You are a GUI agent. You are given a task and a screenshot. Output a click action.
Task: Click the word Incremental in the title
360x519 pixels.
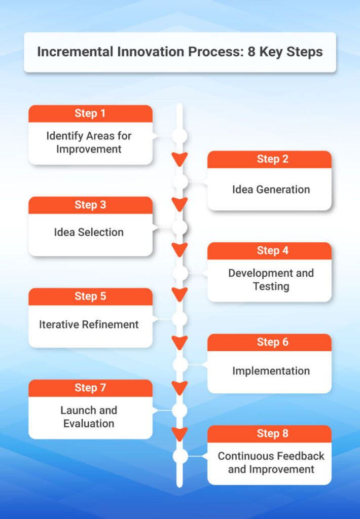click(x=75, y=52)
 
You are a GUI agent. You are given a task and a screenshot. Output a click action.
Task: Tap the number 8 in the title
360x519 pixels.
click(x=251, y=52)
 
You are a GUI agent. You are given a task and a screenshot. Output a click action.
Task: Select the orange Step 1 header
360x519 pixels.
click(x=90, y=114)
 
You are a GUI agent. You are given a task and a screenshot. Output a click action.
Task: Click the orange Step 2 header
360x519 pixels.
click(x=269, y=159)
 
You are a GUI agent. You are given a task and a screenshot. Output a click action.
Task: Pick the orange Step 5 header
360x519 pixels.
click(x=90, y=296)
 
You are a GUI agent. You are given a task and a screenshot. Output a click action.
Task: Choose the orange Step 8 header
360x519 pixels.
click(x=269, y=434)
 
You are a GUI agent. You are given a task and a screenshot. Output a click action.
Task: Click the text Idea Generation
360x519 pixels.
click(x=271, y=190)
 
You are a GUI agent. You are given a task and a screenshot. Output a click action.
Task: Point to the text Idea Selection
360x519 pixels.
click(x=89, y=232)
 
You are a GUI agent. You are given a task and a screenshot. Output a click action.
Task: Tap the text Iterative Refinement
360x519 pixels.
click(x=89, y=324)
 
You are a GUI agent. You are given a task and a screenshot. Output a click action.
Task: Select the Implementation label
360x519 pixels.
click(x=271, y=371)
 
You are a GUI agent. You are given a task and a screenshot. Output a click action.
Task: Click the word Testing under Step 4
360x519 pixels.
click(x=271, y=286)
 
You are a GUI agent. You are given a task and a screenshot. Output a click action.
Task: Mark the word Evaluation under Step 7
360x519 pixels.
click(x=89, y=423)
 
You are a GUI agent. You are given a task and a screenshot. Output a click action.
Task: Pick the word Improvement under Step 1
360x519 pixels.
click(x=89, y=150)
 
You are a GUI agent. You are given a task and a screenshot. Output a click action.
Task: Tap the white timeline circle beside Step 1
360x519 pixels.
click(x=179, y=136)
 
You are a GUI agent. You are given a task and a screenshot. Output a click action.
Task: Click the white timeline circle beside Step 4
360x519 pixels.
click(x=181, y=273)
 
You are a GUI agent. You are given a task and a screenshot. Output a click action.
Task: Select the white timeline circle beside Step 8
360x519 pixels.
click(x=181, y=456)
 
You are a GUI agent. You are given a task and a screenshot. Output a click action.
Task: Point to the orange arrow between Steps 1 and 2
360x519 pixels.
click(x=180, y=159)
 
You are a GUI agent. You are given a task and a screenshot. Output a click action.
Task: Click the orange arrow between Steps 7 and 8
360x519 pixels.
click(x=180, y=434)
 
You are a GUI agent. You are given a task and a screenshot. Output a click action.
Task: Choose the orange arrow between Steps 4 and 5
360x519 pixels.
click(x=180, y=294)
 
